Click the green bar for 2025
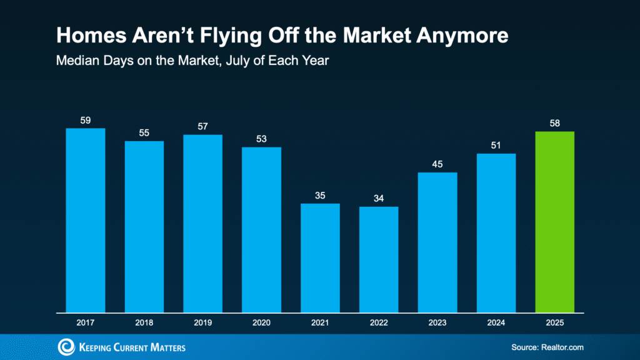554,221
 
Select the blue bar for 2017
86,220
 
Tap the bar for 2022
379,259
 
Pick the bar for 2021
320,257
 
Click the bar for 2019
202,223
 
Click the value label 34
379,198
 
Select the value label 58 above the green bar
554,123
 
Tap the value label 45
437,164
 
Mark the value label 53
261,139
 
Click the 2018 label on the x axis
144,322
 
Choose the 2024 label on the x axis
496,322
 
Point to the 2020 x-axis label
261,322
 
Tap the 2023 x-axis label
437,322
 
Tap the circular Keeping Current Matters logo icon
66,347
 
